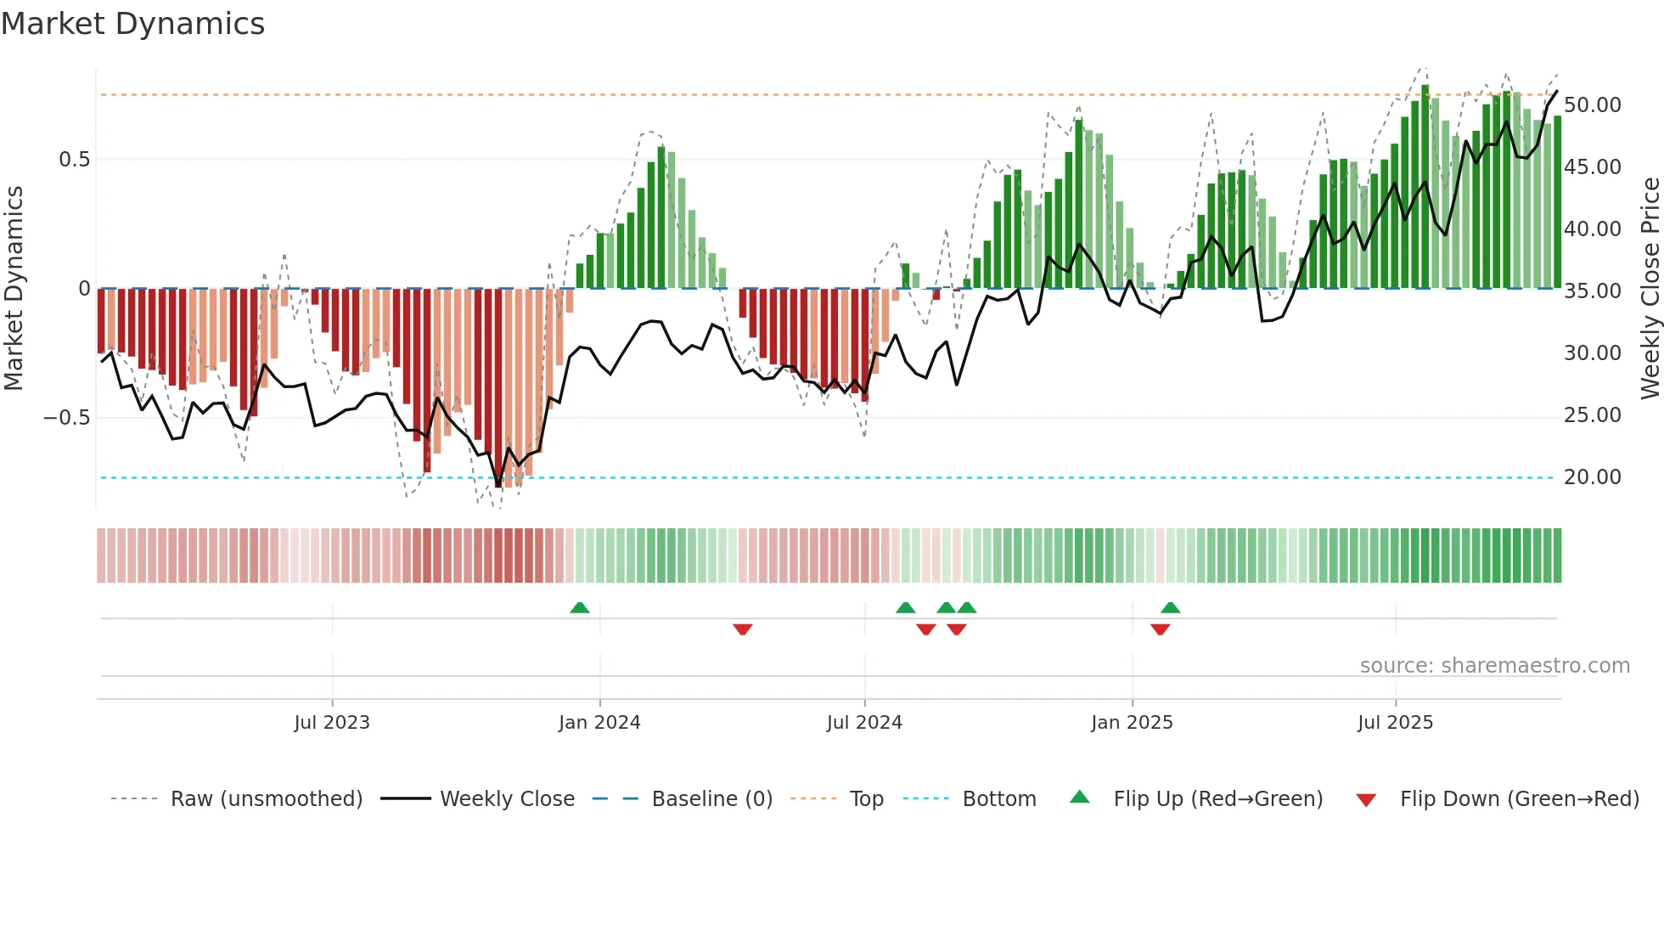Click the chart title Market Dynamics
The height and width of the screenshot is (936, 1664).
point(133,24)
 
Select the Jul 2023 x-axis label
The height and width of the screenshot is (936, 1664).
point(332,723)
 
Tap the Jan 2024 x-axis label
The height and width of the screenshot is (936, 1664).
point(599,723)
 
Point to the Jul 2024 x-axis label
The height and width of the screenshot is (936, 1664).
point(864,723)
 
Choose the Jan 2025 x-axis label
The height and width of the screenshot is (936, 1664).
point(1132,723)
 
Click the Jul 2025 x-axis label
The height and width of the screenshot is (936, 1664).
point(1395,723)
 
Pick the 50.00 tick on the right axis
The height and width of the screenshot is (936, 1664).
point(1592,105)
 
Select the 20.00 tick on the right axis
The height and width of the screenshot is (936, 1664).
point(1592,477)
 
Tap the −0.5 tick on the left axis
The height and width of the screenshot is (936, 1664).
point(67,418)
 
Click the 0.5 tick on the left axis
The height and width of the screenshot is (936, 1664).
point(74,160)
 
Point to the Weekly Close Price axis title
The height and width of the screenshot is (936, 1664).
point(1650,289)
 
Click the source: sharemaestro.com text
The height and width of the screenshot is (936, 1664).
point(1494,666)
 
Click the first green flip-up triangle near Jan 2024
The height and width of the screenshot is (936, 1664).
point(580,608)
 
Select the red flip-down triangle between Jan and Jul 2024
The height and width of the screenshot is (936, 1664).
point(743,629)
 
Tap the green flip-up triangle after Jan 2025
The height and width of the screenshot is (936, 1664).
point(1171,608)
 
